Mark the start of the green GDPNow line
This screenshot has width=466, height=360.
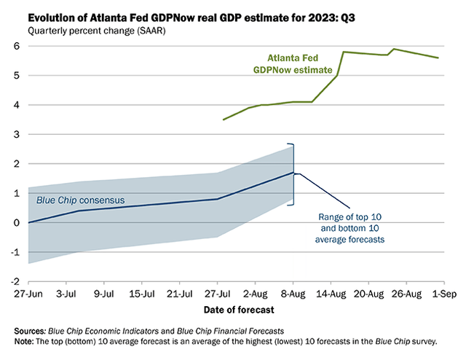pyautogui.click(x=224, y=120)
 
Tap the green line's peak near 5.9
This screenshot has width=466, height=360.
pyautogui.click(x=394, y=49)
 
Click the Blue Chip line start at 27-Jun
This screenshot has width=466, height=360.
pyautogui.click(x=28, y=222)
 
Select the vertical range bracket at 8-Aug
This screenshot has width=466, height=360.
pyautogui.click(x=293, y=173)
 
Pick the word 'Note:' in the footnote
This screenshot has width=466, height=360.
pyautogui.click(x=28, y=340)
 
